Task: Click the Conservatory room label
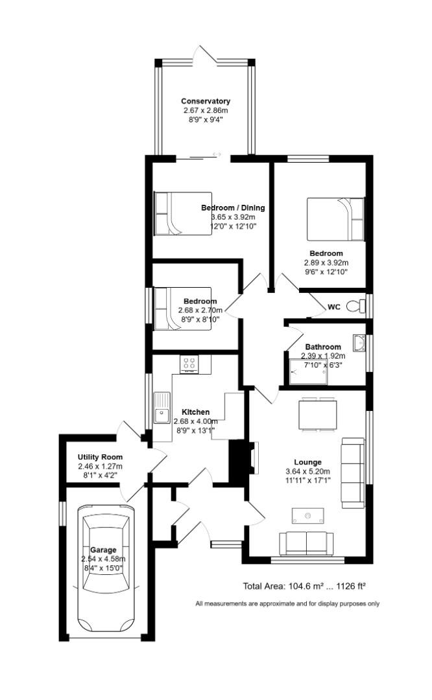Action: point(205,101)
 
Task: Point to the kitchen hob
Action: point(189,364)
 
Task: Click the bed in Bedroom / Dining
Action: point(183,214)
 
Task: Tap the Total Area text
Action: point(304,586)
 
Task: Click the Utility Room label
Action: point(100,457)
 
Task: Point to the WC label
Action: point(334,307)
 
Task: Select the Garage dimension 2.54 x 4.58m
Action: point(104,559)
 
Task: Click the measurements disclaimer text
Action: point(287,604)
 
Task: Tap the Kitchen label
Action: point(195,412)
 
